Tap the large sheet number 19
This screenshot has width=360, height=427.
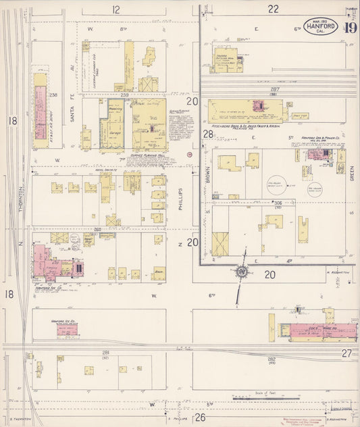pos(349,28)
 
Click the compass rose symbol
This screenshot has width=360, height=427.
pos(241,272)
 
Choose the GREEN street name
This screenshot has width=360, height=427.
pos(352,176)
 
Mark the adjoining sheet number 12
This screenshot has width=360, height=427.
pos(116,9)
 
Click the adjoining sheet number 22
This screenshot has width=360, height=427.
pos(273,9)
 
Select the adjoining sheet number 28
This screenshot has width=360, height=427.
pos(209,134)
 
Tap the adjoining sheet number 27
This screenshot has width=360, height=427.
pos(346,353)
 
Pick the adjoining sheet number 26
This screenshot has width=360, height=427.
pos(200,417)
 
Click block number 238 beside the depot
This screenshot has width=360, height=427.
pos(53,95)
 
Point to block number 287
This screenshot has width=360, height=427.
pos(274,89)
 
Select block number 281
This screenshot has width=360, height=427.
pos(106,353)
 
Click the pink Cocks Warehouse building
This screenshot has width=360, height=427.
pos(317,331)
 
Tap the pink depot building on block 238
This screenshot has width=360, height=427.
pos(40,105)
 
